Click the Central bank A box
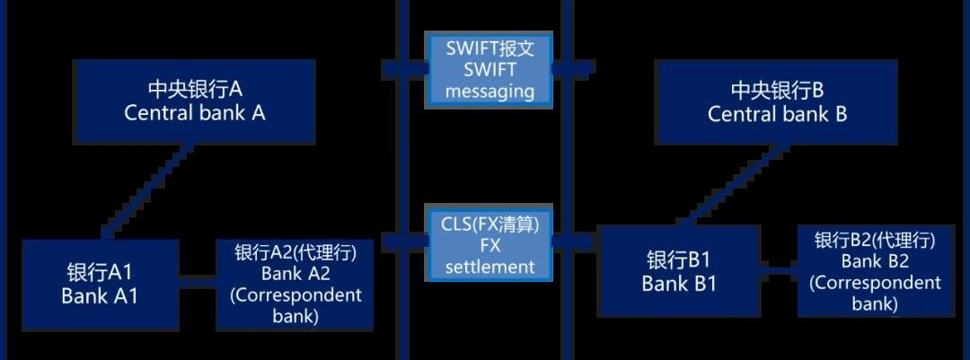pyautogui.click(x=195, y=101)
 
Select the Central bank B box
pyautogui.click(x=778, y=102)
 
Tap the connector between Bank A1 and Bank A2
pyautogui.click(x=197, y=284)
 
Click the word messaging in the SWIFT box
pyautogui.click(x=489, y=91)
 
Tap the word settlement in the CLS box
pyautogui.click(x=489, y=266)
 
